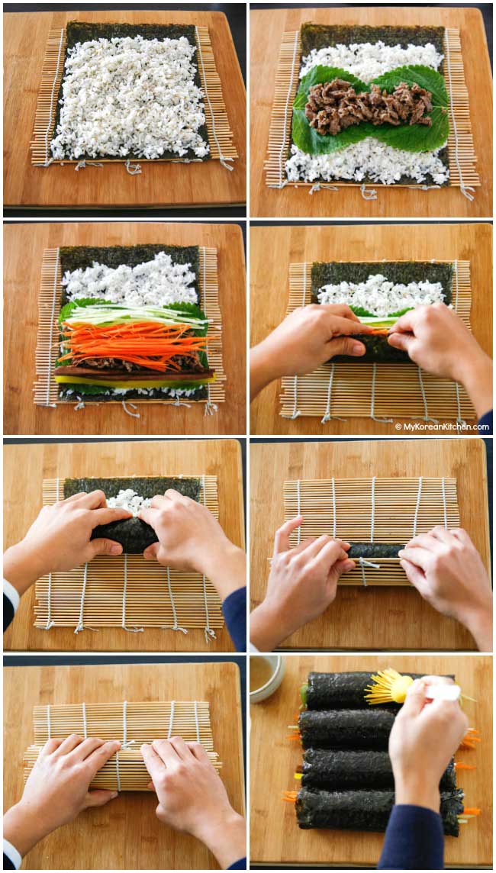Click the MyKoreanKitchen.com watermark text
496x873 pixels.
(x=442, y=427)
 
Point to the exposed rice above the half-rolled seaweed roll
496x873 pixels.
(x=129, y=501)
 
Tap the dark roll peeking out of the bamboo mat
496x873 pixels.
(x=376, y=550)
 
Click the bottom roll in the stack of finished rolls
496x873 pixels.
(x=378, y=810)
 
